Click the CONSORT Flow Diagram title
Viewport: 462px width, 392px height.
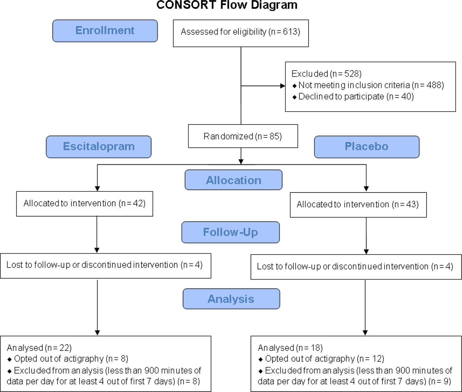click(227, 5)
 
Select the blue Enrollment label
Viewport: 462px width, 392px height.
click(105, 31)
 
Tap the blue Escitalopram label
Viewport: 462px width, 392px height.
click(99, 147)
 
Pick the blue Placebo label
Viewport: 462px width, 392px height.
click(367, 147)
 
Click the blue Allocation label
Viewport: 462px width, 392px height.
click(233, 180)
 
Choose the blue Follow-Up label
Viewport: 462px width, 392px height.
click(230, 232)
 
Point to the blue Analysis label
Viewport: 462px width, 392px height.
click(231, 299)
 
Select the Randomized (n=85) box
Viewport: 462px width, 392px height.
click(243, 136)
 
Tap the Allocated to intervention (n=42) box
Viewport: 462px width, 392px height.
click(85, 204)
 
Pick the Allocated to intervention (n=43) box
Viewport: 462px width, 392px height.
click(358, 205)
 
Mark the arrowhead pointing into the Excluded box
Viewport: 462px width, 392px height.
click(282, 86)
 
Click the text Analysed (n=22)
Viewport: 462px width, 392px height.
click(39, 348)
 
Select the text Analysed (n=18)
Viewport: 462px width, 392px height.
click(290, 348)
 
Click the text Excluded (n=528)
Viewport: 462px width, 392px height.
click(326, 74)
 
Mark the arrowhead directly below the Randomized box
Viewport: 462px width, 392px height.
click(241, 162)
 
